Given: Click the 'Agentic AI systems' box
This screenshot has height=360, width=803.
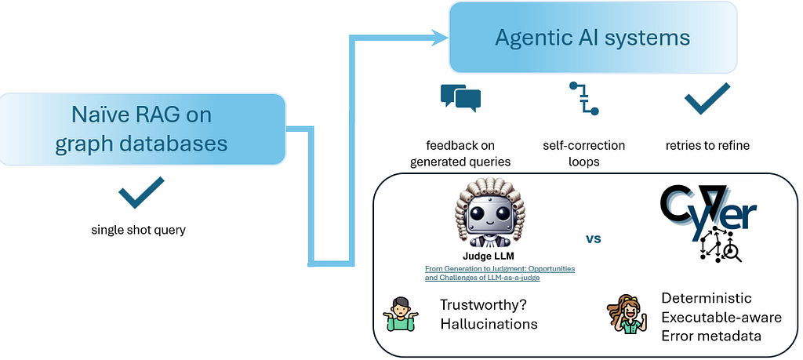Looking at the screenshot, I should coord(593,37).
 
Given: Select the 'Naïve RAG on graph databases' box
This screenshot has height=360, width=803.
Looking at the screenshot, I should coord(141,129).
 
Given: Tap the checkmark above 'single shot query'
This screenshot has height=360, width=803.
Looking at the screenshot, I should coord(141,192).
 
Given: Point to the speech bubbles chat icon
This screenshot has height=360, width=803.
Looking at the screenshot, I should coord(460,96).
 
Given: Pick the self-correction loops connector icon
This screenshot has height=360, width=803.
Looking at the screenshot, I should coord(583,98).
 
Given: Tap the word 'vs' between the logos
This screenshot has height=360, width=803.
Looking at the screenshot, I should coord(593,236).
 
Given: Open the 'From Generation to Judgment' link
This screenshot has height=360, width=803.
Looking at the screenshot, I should coord(500,272).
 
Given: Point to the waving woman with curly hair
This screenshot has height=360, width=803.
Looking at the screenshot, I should coord(624,315).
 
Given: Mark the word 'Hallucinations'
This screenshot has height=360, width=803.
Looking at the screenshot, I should coord(489,324).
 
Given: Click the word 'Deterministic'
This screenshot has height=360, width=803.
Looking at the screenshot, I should coord(707,298).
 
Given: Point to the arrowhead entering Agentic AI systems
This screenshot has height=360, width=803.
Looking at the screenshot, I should coord(438,36).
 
